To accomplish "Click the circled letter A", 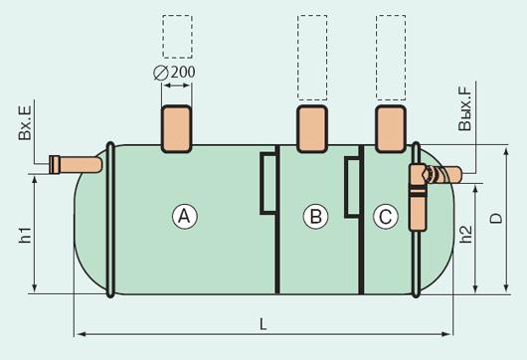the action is pyautogui.click(x=185, y=217).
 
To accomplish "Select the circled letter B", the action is pyautogui.click(x=315, y=217).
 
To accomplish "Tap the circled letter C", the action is pyautogui.click(x=386, y=217).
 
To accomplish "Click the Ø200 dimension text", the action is pyautogui.click(x=174, y=73).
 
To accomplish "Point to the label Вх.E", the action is pyautogui.click(x=25, y=122).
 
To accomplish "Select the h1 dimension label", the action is pyautogui.click(x=25, y=235).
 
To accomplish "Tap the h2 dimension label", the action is pyautogui.click(x=465, y=234).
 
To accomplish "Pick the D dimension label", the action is pyautogui.click(x=496, y=219).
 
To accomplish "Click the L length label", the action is pyautogui.click(x=263, y=324).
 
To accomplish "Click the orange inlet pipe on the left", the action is pyautogui.click(x=76, y=165).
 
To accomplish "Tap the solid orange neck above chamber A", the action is pyautogui.click(x=176, y=129).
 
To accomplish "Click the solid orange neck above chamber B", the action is pyautogui.click(x=312, y=129).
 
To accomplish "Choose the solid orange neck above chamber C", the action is pyautogui.click(x=391, y=129).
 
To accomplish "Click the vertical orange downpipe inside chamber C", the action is pyautogui.click(x=418, y=198).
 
